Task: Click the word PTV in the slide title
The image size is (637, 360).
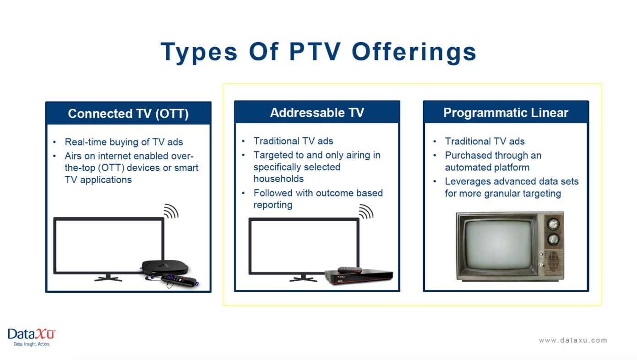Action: point(315,51)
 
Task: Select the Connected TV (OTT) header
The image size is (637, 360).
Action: point(128,113)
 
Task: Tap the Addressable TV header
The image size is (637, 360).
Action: point(317,112)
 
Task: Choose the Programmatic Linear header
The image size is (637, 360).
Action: point(506,112)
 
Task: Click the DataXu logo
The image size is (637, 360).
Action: point(32,337)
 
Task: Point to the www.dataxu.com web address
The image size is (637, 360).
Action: point(573,340)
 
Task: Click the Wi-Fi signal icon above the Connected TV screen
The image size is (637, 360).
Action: point(171,211)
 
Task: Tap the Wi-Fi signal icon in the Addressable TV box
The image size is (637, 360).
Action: point(366,212)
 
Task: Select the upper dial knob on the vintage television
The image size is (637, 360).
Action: point(553,224)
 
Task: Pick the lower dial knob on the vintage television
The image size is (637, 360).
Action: point(553,240)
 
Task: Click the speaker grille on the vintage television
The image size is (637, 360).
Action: point(553,261)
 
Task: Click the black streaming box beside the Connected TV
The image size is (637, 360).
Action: point(165,267)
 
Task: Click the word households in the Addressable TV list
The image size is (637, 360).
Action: point(279,179)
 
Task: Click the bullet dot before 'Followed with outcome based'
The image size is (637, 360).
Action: point(243,193)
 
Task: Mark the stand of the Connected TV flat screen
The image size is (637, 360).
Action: point(109,278)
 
